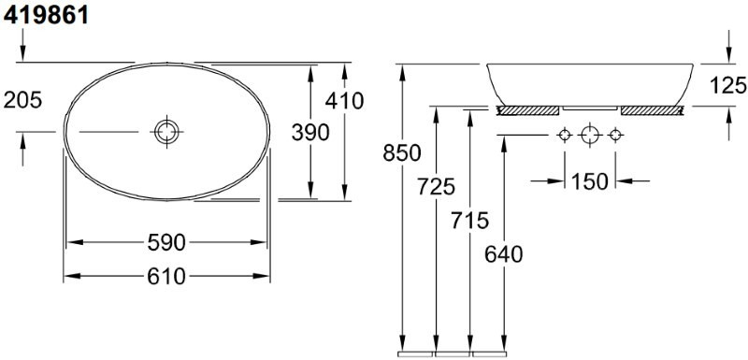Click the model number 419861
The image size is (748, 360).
pos(46,15)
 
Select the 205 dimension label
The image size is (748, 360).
pos(22,100)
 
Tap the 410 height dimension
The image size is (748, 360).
pos(344,101)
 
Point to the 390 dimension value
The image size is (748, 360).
pos(310,133)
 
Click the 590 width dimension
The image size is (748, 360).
pos(166,243)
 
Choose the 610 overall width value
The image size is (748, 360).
pos(166,277)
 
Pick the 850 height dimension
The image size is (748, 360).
pos(402,153)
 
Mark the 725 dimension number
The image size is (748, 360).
pos(436,186)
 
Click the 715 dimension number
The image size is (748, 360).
pos(470,221)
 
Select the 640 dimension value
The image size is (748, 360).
pos(504,254)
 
